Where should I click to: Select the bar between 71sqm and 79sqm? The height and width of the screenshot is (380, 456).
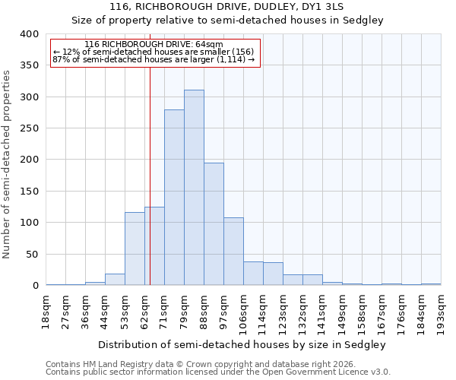coord(174,198)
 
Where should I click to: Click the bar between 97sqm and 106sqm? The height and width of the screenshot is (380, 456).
coord(233,252)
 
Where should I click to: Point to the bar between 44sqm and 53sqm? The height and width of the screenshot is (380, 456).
coord(115,279)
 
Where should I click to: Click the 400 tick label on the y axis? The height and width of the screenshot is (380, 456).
coord(29,34)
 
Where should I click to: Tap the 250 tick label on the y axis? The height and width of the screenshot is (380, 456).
coord(29,128)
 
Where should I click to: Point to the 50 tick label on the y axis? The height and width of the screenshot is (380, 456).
coord(32,255)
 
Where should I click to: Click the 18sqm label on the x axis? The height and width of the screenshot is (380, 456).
coord(46,311)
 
